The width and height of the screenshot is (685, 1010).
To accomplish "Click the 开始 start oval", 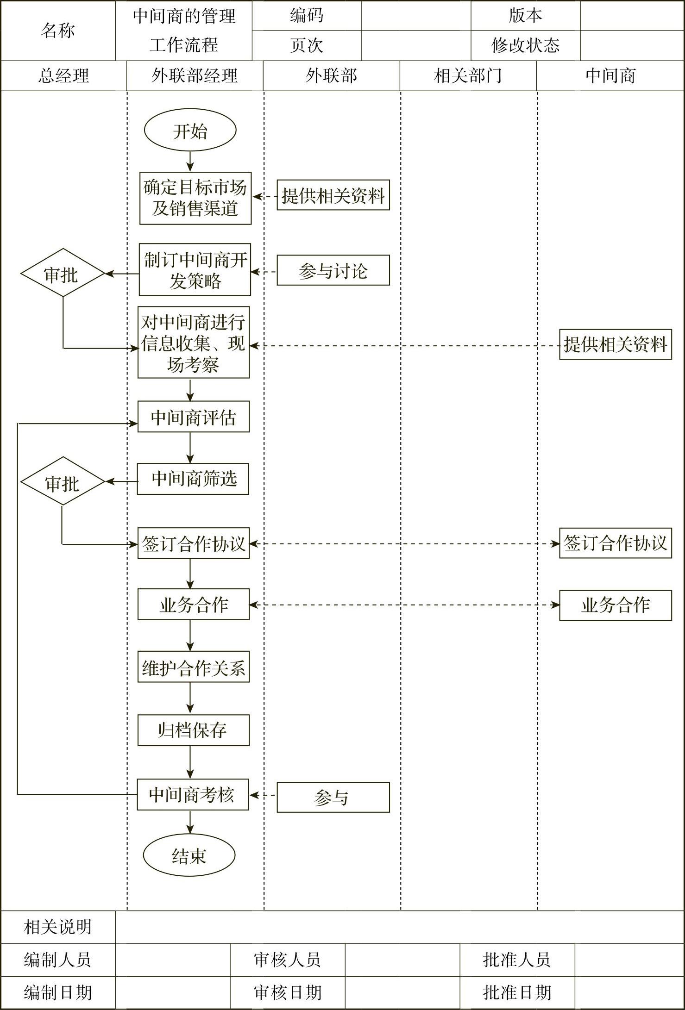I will point(190,131).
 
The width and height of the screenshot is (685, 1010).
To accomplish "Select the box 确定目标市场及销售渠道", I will point(195,198).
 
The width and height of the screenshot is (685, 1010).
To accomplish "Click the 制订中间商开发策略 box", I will point(195,270).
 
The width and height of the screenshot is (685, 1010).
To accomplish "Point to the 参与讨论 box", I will point(333,270).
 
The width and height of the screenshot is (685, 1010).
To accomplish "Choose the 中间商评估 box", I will point(193,417).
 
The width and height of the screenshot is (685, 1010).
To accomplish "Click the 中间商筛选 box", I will point(193,479).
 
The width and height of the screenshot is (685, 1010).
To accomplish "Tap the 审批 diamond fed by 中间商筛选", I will point(63,482).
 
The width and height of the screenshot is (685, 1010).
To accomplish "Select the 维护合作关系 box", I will point(193,667).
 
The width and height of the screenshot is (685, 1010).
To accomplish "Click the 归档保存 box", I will point(193,730).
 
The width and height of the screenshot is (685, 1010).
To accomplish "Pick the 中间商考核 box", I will point(193,794).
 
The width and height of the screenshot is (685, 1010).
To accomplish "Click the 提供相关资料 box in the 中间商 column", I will point(615,344).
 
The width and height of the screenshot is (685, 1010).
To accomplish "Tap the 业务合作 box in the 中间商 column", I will point(615,605).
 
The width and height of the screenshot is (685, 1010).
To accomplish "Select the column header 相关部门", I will point(468,76).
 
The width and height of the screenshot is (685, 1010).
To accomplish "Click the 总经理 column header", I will point(63,76).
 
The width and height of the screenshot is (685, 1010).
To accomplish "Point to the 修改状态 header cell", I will point(525,45).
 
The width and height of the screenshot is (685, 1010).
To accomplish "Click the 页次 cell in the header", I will point(307,45).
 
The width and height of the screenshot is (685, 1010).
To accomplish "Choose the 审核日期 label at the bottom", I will point(287,992).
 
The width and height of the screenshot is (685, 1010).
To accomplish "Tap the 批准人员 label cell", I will point(517,960).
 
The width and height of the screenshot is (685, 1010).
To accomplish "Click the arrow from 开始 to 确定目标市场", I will point(190,161).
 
